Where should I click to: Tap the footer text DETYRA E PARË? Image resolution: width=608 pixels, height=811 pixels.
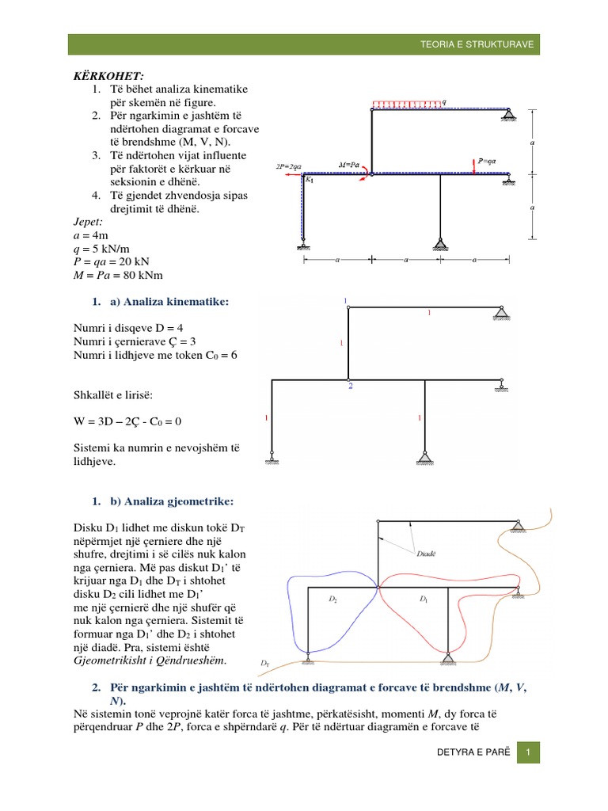coord(468,754)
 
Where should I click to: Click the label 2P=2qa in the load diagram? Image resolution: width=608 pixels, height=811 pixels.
coord(288,167)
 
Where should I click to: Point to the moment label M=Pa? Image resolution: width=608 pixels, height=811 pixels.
coord(349,164)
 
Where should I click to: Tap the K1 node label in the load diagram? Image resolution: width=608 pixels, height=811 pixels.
coord(310,180)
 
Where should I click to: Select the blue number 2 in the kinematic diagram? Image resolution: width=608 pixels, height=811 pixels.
coord(349,386)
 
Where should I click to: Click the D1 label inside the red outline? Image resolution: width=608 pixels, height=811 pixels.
coord(423,600)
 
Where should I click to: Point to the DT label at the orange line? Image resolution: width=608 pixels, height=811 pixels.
coord(265,662)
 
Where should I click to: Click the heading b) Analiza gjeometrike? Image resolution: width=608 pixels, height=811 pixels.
coord(167,501)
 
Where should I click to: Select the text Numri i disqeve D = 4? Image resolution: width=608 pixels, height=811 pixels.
coord(127,327)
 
